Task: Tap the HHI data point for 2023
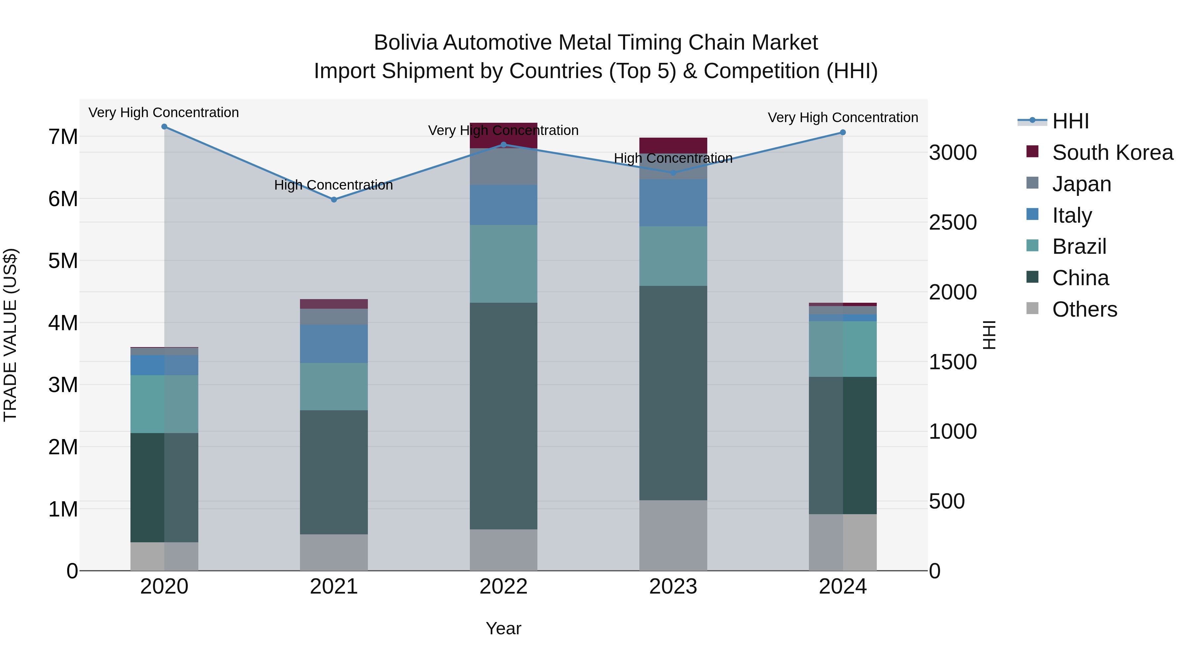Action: (673, 173)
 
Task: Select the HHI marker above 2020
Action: (164, 127)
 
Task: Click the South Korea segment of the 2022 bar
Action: (503, 135)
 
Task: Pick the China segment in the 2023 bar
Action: (673, 393)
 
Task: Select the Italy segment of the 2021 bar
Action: (334, 343)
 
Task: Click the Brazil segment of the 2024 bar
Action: (843, 349)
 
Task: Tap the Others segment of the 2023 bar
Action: (673, 535)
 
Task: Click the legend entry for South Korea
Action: (1113, 153)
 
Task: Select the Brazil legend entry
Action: (1079, 246)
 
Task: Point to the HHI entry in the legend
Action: (1070, 121)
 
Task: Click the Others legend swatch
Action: (1032, 308)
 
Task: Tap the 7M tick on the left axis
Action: (63, 137)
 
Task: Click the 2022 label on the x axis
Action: (503, 587)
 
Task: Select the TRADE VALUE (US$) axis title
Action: (10, 335)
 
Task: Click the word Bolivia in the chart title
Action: (405, 43)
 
